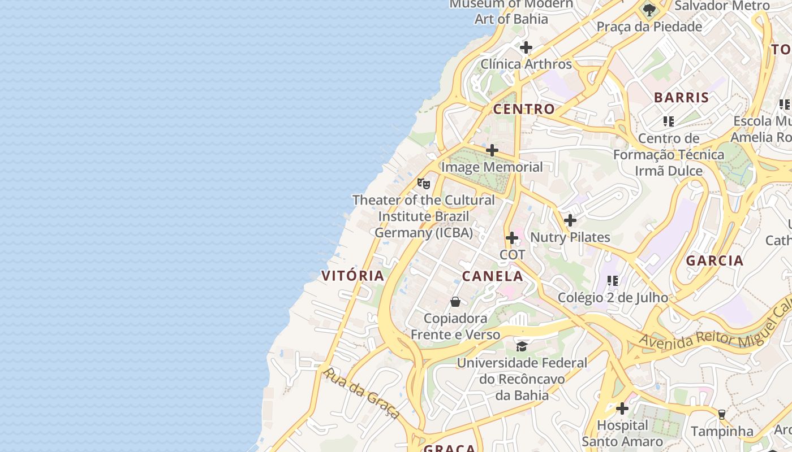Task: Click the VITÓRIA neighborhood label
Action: [x=352, y=276]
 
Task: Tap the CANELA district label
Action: [x=492, y=276]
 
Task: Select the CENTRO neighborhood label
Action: [x=524, y=109]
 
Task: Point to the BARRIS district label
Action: [x=681, y=97]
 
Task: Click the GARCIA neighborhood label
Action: [x=714, y=260]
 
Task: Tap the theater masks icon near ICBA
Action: [x=423, y=183]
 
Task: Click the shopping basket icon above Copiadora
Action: [x=455, y=302]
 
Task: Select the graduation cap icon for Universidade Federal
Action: [x=522, y=346]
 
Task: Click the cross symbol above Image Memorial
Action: [x=492, y=150]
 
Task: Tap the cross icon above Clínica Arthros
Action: [x=526, y=47]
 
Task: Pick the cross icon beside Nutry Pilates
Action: [x=570, y=220]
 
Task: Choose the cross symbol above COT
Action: [x=512, y=238]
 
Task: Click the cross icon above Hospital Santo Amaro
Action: [x=622, y=408]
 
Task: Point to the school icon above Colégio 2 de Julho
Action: [x=613, y=280]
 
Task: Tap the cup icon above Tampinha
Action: [x=721, y=414]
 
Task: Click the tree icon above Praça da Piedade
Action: [x=649, y=10]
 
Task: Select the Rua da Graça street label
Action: [x=362, y=393]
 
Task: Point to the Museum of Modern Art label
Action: [x=511, y=11]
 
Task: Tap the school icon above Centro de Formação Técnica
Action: [x=669, y=121]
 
